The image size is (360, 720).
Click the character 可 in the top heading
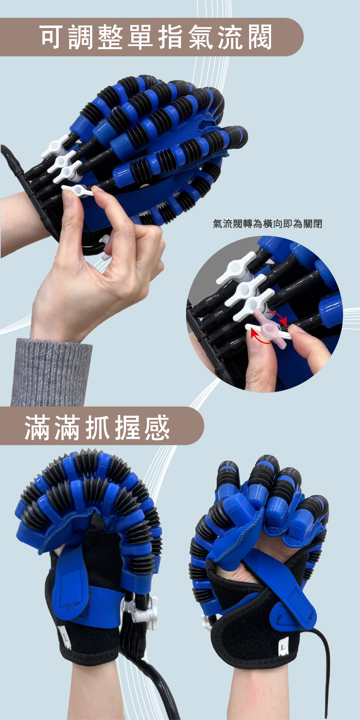pos(53,37)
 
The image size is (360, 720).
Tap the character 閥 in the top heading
pos(259,37)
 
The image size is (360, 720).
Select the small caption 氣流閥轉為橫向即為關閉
pos(267,224)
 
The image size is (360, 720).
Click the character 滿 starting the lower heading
pos(37,427)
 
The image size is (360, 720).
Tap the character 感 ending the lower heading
pos(157,427)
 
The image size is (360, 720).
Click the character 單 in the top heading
pos(141,37)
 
